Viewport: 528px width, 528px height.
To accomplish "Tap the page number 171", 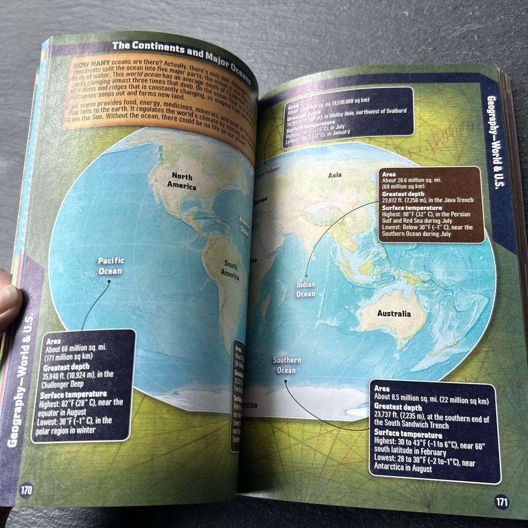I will pos(502,502).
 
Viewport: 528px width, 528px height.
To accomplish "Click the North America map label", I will pos(182,181).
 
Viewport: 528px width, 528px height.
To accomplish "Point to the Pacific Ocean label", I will pos(111,266).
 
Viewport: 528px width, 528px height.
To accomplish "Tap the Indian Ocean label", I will pos(306,289).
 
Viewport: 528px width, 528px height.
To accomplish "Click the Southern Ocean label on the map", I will pos(286,365).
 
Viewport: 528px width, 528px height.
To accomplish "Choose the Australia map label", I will pos(394,313).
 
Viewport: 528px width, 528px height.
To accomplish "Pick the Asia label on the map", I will pos(335,175).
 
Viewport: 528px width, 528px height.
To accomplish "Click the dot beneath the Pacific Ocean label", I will pos(109,281).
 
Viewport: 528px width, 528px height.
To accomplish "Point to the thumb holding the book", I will pos(7,303).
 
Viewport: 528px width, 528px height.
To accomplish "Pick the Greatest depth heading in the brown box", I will pos(401,194).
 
